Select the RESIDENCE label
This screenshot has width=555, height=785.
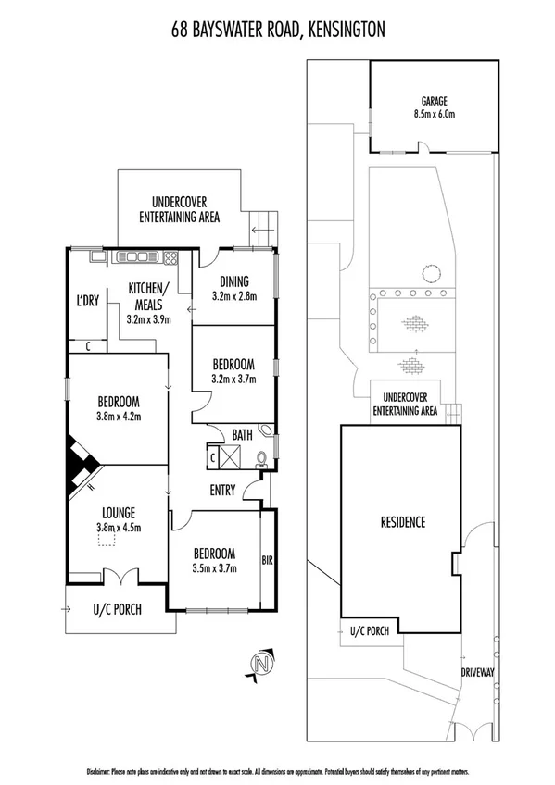click(402, 522)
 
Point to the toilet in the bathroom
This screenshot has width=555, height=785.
click(262, 458)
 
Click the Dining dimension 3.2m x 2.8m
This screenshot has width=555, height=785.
click(233, 297)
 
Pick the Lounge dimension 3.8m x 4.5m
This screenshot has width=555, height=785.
click(120, 529)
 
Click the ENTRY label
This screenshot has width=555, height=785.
click(222, 491)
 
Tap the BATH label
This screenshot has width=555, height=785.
click(243, 434)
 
